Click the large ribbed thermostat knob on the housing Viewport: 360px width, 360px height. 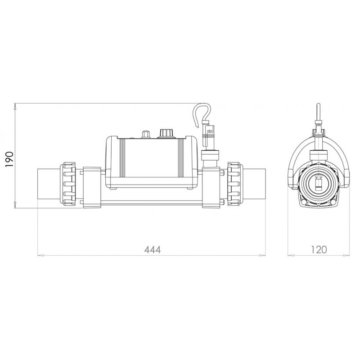(165, 133)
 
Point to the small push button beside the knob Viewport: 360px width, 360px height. (145, 134)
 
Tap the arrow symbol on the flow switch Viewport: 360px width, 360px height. (209, 131)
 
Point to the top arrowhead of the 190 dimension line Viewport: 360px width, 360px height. (16, 107)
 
